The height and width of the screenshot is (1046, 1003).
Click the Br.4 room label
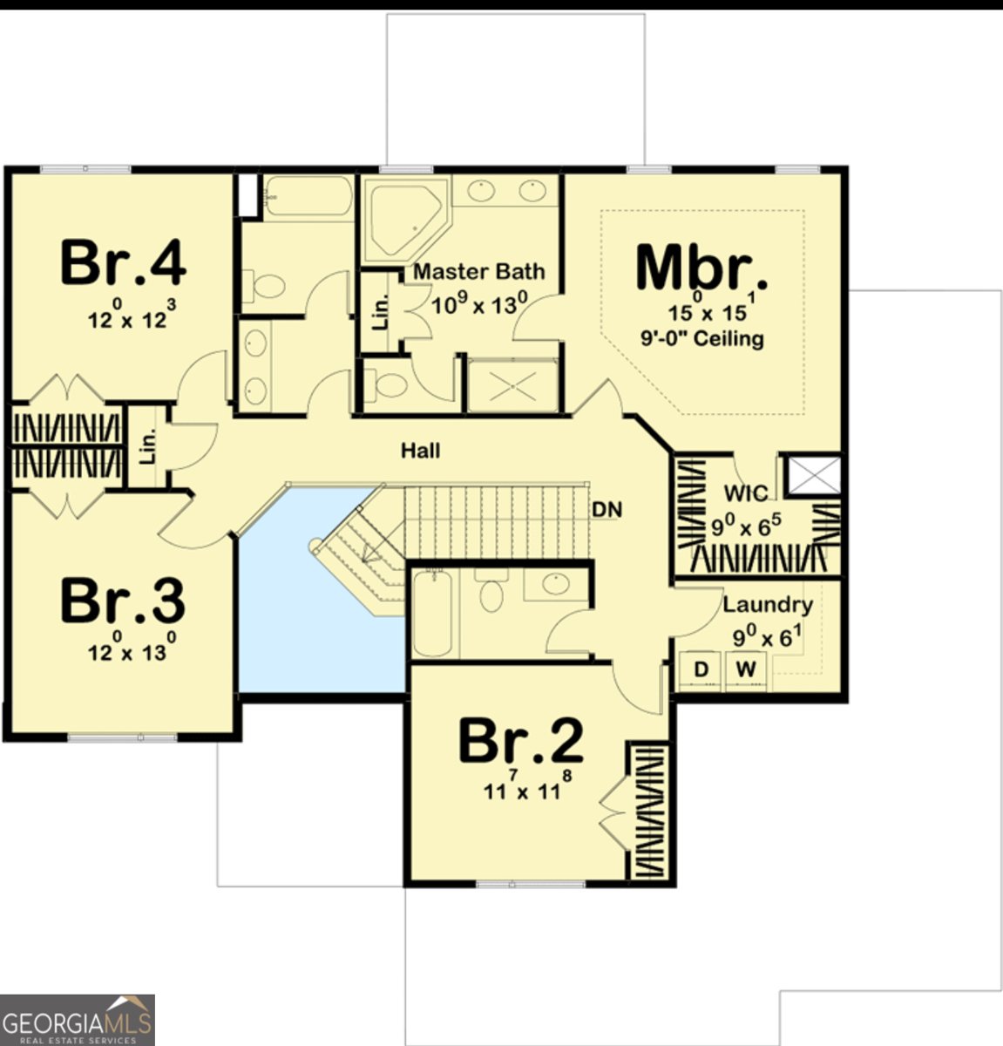click(x=123, y=262)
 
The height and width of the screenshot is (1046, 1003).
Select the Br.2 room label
click(x=520, y=741)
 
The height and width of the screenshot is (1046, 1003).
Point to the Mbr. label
click(x=702, y=268)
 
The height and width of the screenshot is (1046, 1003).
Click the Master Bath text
click(x=478, y=271)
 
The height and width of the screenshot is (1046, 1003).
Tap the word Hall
click(x=420, y=451)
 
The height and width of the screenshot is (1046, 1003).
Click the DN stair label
click(x=607, y=509)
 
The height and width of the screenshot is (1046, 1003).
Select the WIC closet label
click(x=746, y=493)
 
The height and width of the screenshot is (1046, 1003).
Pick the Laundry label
click(x=767, y=604)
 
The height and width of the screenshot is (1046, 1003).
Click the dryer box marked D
click(x=701, y=669)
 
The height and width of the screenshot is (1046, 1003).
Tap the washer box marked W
click(x=746, y=669)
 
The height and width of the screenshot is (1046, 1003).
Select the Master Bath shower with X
click(x=512, y=384)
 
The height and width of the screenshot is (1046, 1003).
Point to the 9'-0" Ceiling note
click(x=701, y=338)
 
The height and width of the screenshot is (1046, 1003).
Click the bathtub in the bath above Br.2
click(x=431, y=612)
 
